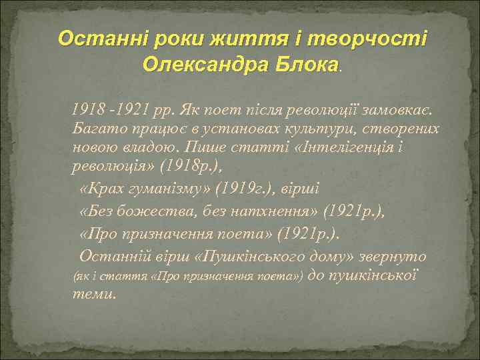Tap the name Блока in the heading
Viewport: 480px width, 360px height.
[307, 64]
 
